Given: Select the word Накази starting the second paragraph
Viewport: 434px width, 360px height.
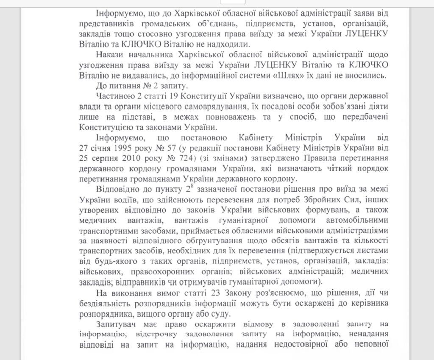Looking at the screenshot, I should click(x=109, y=55).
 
